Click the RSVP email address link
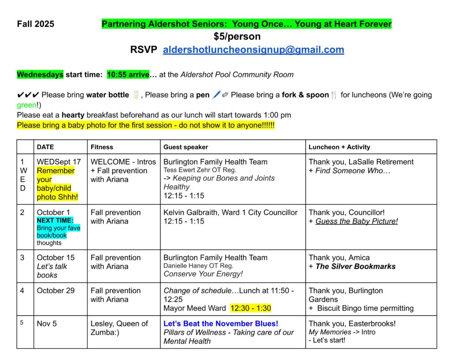pyautogui.click(x=253, y=50)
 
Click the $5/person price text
pyautogui.click(x=237, y=36)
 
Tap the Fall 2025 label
pyautogui.click(x=35, y=24)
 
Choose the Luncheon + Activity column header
pyautogui.click(x=339, y=147)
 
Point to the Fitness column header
pyautogui.click(x=102, y=147)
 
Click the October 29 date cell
pyautogui.click(x=56, y=290)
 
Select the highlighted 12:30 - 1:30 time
pyautogui.click(x=251, y=308)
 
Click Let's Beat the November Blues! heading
pyautogui.click(x=221, y=324)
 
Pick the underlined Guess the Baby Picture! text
pyautogui.click(x=356, y=221)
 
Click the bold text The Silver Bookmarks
pyautogui.click(x=355, y=266)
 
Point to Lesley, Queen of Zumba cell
pyautogui.click(x=119, y=328)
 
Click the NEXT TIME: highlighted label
pyautogui.click(x=55, y=220)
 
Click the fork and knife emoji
pyautogui.click(x=334, y=95)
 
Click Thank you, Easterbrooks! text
pyautogui.click(x=352, y=324)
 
